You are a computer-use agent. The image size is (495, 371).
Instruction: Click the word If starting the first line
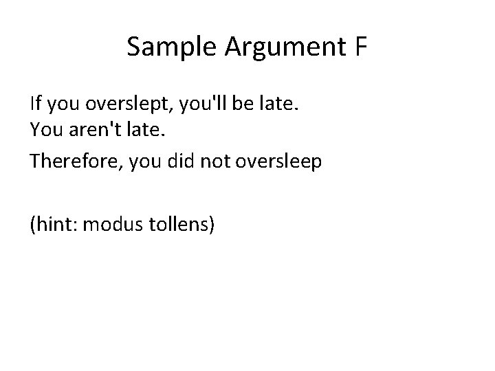tap(35, 104)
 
